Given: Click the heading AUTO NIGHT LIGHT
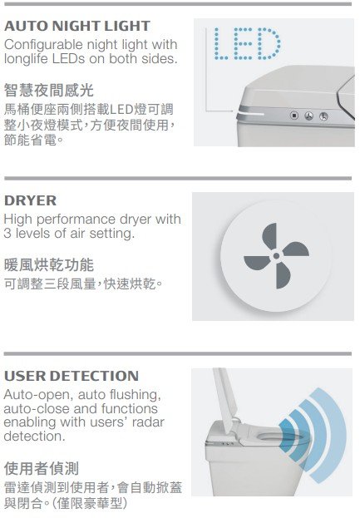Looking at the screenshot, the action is [77, 26].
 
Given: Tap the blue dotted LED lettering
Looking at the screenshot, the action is [248, 44].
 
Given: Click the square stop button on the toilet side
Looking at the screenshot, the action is [294, 116].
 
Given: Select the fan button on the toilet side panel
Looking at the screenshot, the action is [308, 116].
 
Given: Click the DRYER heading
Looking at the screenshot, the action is [31, 201].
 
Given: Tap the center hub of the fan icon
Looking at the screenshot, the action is [276, 256].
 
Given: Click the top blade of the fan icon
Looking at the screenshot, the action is [270, 236].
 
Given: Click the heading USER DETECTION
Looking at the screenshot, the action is [72, 376].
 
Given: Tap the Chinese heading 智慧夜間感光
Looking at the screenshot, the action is [49, 90].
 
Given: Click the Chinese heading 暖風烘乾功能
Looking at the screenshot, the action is [49, 265].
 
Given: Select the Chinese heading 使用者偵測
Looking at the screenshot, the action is [42, 468].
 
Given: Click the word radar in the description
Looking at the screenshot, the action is [148, 422].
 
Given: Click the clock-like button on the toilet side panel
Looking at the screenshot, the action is [323, 116].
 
